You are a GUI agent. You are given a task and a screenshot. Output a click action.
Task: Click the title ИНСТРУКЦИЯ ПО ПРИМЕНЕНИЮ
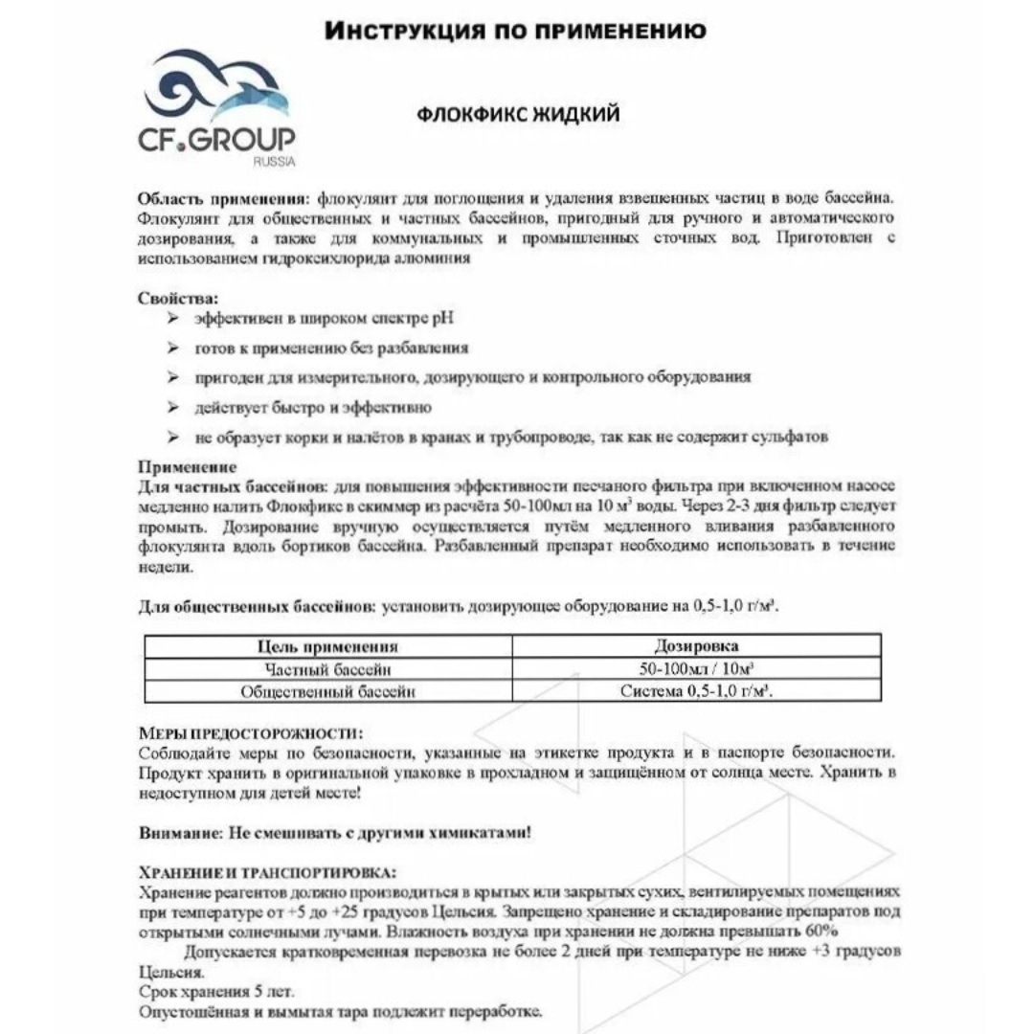click(516, 31)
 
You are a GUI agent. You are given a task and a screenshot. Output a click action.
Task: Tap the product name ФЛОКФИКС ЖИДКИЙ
click(518, 115)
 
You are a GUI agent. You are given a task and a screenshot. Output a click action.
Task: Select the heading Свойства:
click(178, 298)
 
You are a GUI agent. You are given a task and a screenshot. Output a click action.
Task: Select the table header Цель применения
click(328, 647)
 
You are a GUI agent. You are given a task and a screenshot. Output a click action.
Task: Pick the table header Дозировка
click(696, 646)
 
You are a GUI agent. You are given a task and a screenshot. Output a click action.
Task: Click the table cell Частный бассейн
click(328, 669)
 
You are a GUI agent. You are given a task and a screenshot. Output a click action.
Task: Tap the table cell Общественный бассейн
click(328, 691)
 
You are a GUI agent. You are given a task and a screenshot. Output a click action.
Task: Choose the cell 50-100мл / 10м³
click(696, 669)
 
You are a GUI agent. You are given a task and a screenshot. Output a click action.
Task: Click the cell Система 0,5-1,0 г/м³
click(696, 691)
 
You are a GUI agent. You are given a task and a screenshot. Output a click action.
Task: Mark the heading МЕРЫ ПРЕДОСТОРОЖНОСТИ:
click(251, 733)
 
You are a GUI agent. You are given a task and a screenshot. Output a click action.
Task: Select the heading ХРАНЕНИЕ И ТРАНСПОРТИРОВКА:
click(265, 872)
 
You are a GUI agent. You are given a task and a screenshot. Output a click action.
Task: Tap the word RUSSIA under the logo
click(275, 162)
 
